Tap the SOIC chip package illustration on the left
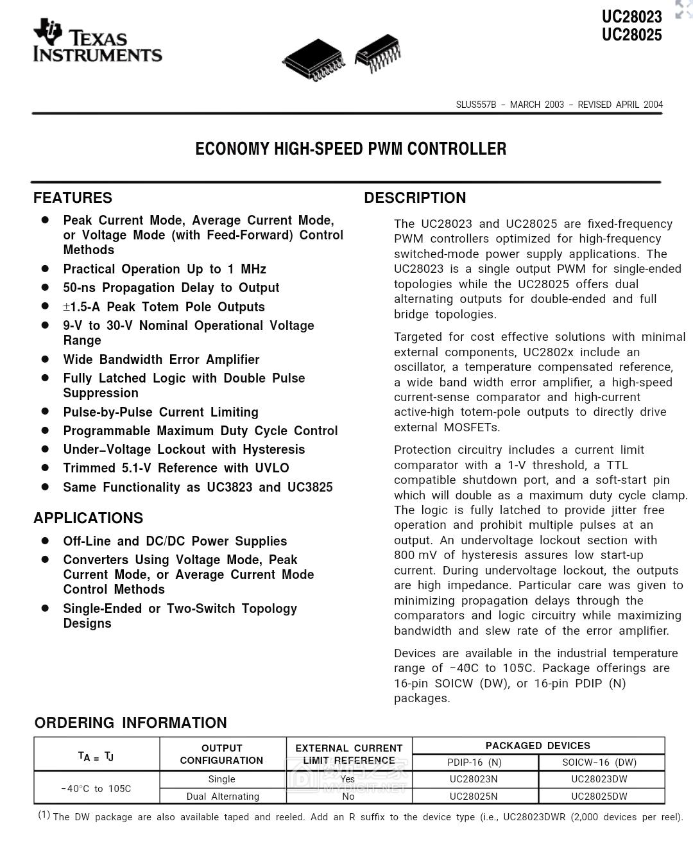[313, 60]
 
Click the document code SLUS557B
[475, 105]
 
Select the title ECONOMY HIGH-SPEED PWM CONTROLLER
[350, 149]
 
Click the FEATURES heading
[73, 198]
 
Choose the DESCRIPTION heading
[415, 198]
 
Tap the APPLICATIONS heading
[88, 518]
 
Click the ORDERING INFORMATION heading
[130, 723]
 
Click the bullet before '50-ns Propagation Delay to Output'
[45, 288]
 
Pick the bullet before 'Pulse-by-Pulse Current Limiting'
[45, 411]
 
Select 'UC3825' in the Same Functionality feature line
[310, 487]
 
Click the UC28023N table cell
[474, 779]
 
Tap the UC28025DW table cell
[599, 797]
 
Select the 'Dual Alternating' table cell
[223, 797]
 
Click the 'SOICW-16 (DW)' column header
[599, 763]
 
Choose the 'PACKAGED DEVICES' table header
[538, 746]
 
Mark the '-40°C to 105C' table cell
[96, 788]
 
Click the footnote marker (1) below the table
[44, 814]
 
